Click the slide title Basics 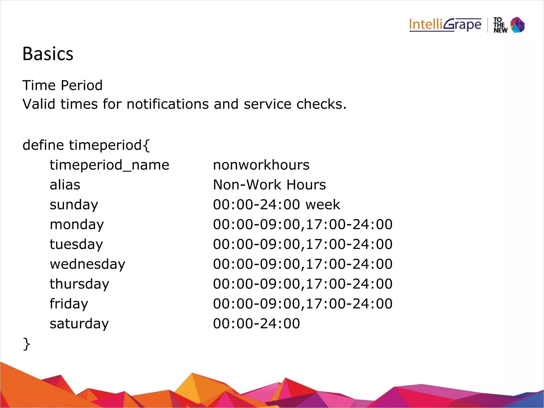coord(48,54)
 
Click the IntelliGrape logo coord(445,25)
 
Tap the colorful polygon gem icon coord(517,25)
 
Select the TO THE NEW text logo coord(500,25)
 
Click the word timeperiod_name coord(109,165)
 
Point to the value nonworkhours coord(261,165)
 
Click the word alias coord(65,185)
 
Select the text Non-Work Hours coord(269,185)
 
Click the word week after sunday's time coord(323,205)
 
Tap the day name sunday coord(74,205)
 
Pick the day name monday coord(77,225)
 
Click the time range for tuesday coord(303,244)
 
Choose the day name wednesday coord(87,264)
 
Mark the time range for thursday coord(303,284)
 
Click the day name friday coord(69,304)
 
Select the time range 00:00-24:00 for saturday coord(256,324)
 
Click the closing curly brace coord(27,344)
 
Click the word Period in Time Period coord(82,86)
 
